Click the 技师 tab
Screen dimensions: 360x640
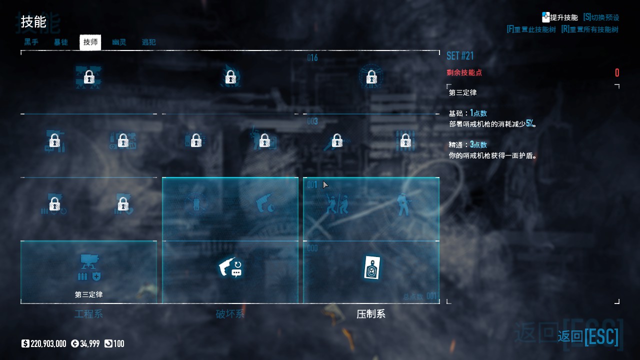click(90, 42)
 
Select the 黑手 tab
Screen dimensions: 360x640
click(31, 42)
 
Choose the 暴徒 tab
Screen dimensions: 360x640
click(61, 42)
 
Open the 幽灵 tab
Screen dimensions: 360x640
click(119, 42)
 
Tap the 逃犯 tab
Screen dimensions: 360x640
click(148, 42)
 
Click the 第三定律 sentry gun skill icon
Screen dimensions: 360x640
click(89, 267)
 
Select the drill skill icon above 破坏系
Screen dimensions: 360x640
click(230, 267)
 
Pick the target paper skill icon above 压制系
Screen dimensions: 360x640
click(371, 267)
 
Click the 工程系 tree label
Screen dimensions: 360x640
click(89, 314)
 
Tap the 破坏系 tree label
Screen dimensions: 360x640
click(230, 314)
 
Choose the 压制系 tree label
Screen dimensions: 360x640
click(371, 314)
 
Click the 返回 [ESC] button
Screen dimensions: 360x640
click(588, 336)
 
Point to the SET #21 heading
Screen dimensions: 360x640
click(460, 55)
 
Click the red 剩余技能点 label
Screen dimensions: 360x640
click(464, 72)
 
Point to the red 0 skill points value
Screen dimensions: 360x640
click(617, 73)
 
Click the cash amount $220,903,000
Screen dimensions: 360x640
click(44, 343)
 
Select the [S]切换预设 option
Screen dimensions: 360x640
click(601, 17)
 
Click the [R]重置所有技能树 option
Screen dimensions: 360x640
click(589, 29)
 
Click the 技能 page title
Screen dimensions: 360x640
click(33, 22)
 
